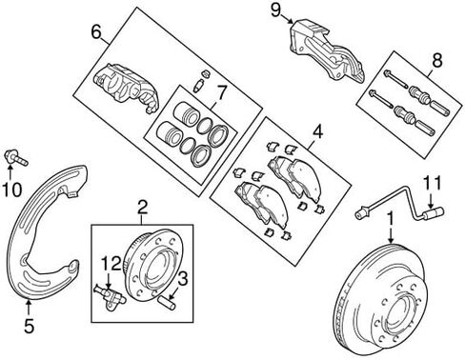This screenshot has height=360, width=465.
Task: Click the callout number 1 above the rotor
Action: (x=391, y=219)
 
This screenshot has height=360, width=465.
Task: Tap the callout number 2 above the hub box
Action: (x=142, y=209)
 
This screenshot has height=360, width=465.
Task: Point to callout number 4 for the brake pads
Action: (x=317, y=131)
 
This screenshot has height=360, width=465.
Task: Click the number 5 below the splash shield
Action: (x=29, y=326)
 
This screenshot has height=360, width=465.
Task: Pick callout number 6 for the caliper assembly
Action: (x=96, y=32)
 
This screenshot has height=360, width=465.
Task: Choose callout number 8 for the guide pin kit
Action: (x=437, y=60)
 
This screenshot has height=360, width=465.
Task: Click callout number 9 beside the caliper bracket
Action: (x=275, y=10)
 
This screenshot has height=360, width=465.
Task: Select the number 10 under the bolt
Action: (x=12, y=190)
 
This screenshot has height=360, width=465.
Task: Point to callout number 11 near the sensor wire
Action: (x=433, y=183)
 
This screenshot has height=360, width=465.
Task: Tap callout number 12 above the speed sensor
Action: (x=111, y=264)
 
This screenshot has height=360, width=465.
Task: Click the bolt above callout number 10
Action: (x=16, y=158)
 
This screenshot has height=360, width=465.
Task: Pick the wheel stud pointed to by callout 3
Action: (x=167, y=303)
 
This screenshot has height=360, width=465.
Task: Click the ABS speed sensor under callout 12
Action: (x=110, y=298)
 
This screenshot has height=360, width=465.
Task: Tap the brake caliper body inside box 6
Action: (x=126, y=89)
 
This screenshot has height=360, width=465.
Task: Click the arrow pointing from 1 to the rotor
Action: (x=391, y=236)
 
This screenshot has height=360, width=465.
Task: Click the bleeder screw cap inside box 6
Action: (x=207, y=73)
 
